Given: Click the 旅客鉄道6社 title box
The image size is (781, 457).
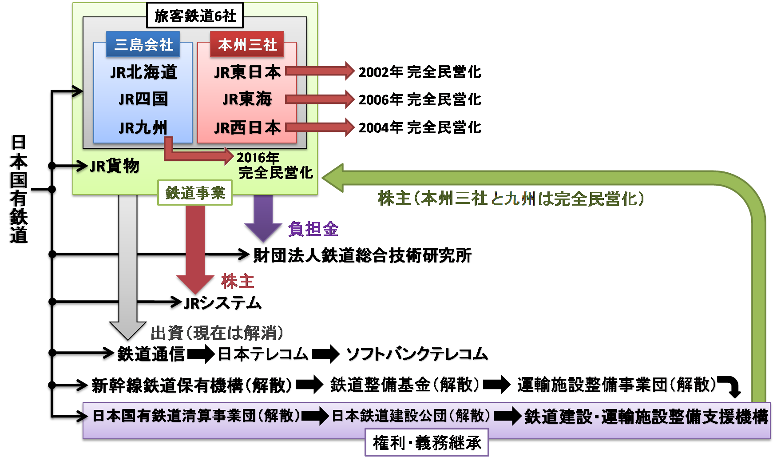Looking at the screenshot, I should pyautogui.click(x=195, y=16).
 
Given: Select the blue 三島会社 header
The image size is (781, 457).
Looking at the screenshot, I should pyautogui.click(x=143, y=44).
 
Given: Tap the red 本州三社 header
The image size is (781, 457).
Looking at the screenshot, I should pyautogui.click(x=247, y=44).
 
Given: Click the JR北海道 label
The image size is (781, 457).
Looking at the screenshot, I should pyautogui.click(x=143, y=72).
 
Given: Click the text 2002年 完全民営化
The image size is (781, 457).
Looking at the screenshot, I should pyautogui.click(x=420, y=72).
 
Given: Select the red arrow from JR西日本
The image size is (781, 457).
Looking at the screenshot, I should pyautogui.click(x=320, y=127).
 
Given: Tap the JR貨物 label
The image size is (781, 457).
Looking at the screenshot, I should pyautogui.click(x=115, y=166).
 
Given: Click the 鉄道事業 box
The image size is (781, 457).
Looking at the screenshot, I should pyautogui.click(x=195, y=193).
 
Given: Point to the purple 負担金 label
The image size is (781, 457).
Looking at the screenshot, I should pyautogui.click(x=313, y=229).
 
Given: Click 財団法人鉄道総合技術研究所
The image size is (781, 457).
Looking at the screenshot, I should pyautogui.click(x=362, y=255).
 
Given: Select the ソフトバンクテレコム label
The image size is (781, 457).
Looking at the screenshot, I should pyautogui.click(x=417, y=354).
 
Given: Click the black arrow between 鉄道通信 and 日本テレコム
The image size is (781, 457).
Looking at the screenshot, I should pyautogui.click(x=201, y=354).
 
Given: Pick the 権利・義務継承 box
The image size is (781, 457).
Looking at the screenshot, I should pyautogui.click(x=427, y=442).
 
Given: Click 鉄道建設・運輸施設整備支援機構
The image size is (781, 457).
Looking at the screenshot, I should pyautogui.click(x=646, y=417).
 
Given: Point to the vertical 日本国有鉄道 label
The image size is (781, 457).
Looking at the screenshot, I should pyautogui.click(x=19, y=189).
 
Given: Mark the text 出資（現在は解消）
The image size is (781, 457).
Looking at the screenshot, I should pyautogui.click(x=217, y=333).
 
